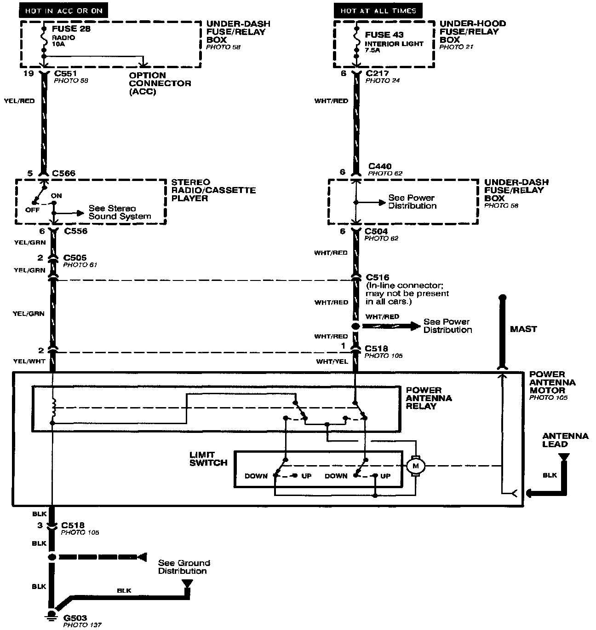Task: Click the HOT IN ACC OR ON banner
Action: tap(64, 11)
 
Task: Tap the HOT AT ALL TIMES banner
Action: tap(378, 11)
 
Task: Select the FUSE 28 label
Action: tap(71, 29)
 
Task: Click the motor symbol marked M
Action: tap(416, 466)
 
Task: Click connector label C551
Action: tap(65, 73)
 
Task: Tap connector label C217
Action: tap(377, 73)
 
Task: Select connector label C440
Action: tap(380, 166)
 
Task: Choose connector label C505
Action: tap(75, 258)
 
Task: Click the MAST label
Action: tap(523, 329)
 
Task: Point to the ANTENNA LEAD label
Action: tap(565, 440)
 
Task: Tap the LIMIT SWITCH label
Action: tap(208, 459)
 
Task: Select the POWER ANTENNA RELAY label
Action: tap(429, 398)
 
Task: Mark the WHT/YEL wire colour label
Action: tap(332, 362)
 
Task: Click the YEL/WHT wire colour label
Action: tap(29, 361)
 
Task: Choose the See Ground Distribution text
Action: tap(184, 567)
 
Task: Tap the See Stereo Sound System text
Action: tap(120, 212)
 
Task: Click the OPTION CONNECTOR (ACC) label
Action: tap(160, 83)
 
